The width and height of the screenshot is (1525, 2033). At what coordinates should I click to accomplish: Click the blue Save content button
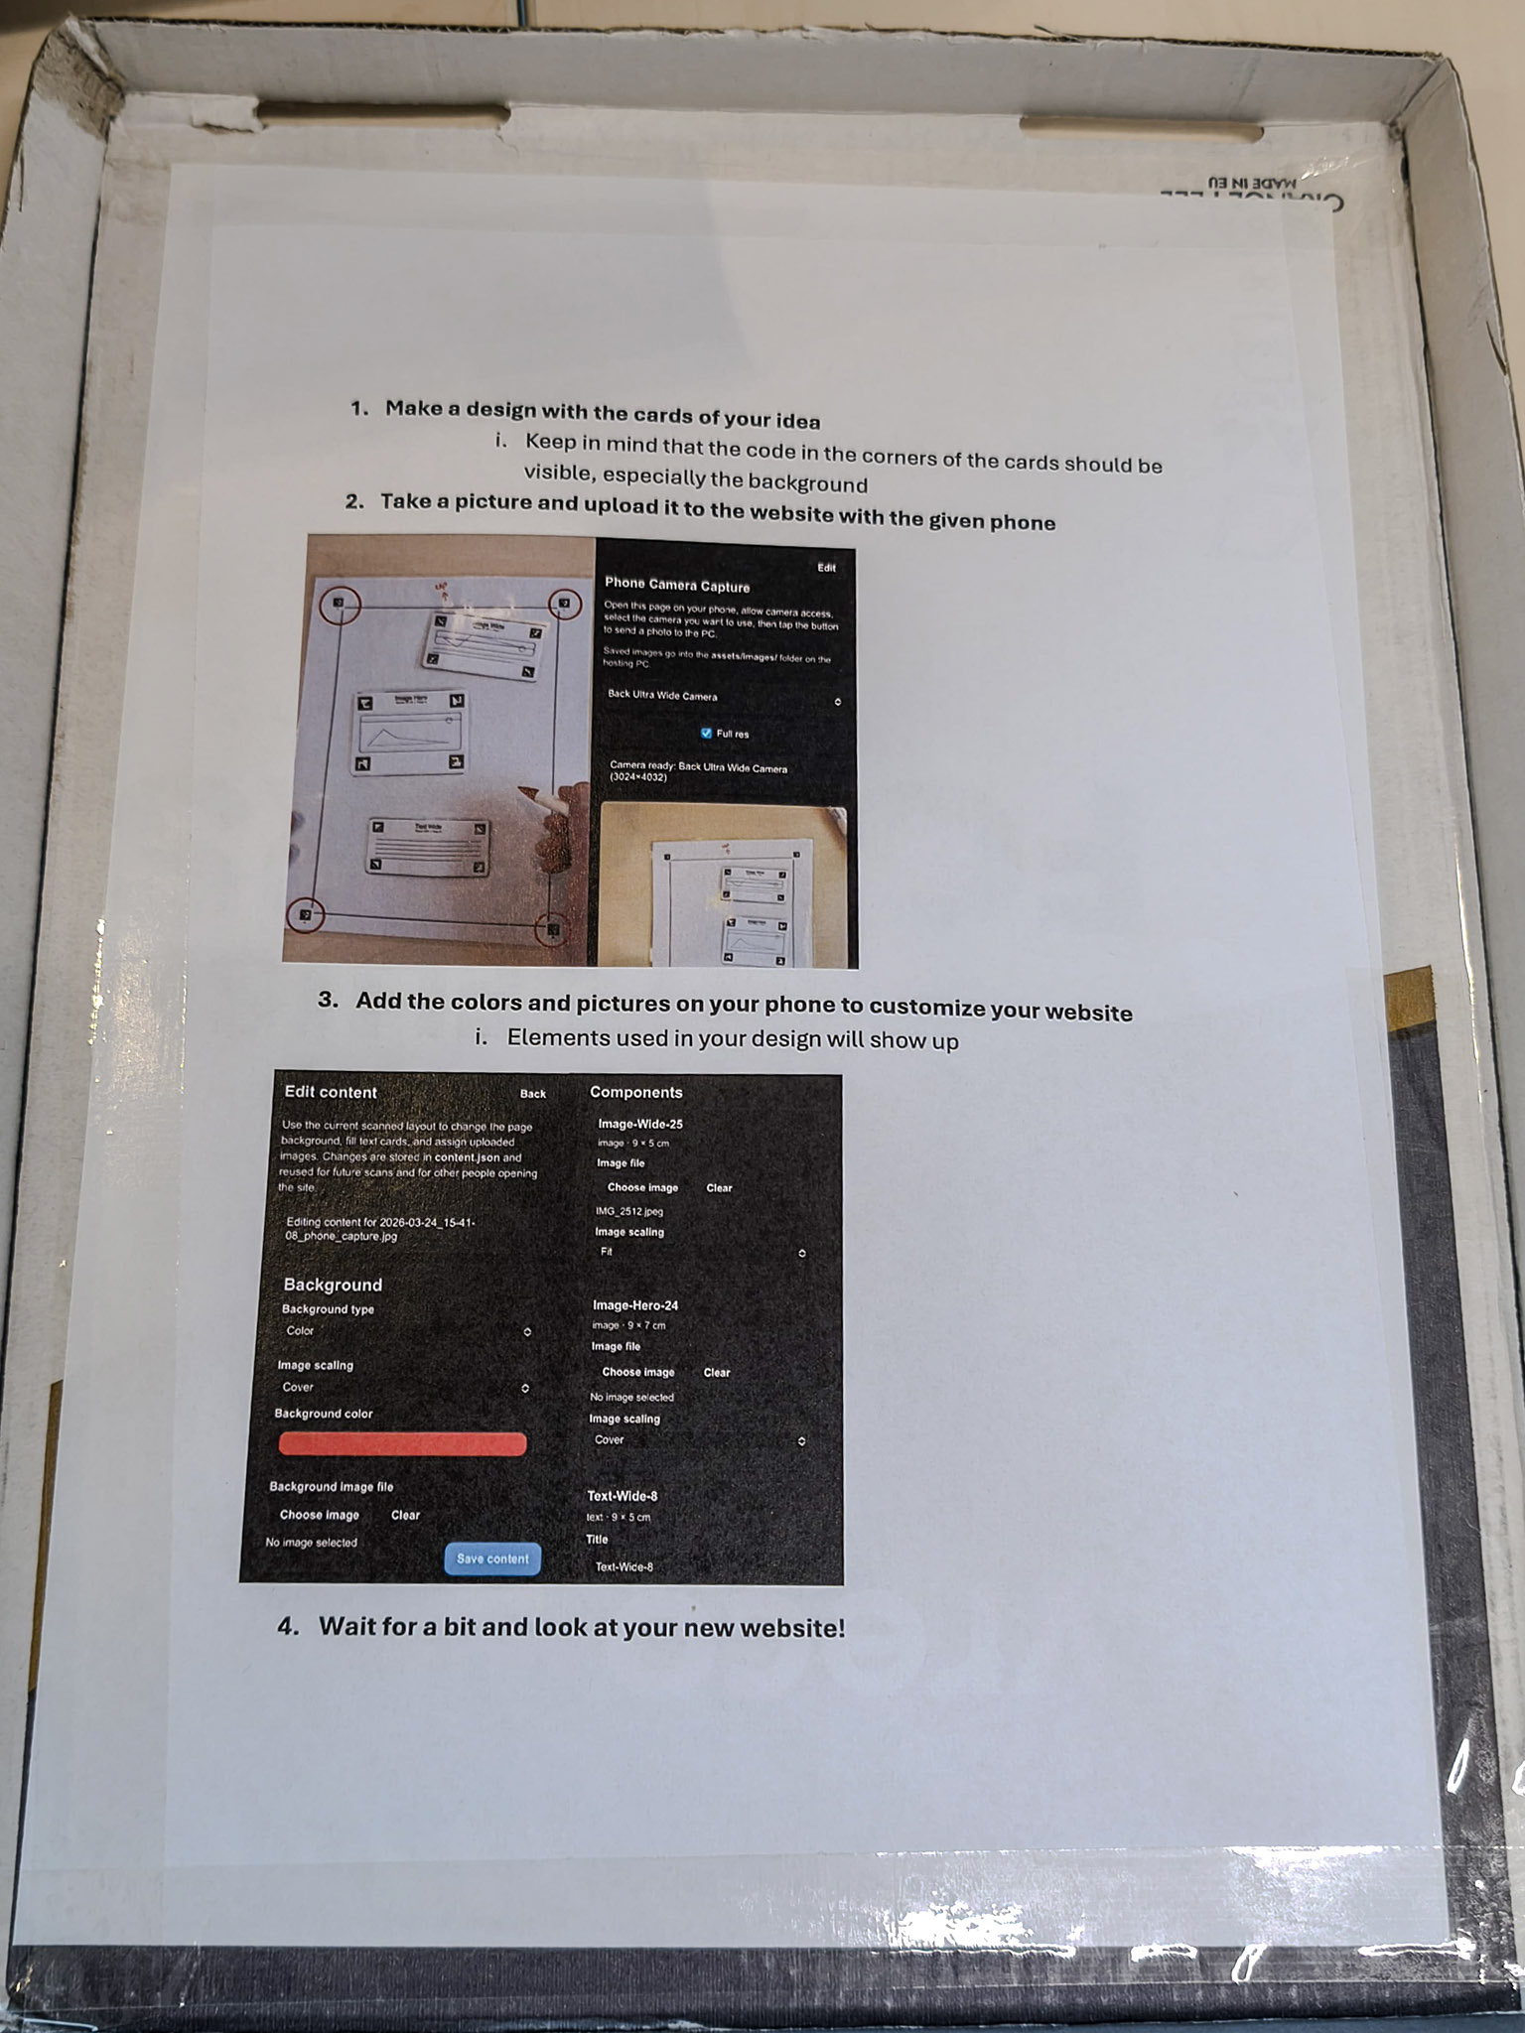click(492, 1559)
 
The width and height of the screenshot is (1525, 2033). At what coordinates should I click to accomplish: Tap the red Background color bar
click(402, 1444)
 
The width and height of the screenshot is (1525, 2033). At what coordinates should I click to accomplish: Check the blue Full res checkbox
click(707, 734)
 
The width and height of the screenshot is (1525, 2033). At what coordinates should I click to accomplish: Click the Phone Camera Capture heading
click(677, 586)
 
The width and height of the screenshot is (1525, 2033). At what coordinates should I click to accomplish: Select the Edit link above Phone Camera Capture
click(826, 568)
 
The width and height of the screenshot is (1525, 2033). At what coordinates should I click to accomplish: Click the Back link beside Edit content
click(533, 1094)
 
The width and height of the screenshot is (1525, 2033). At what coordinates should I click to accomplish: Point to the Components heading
click(636, 1092)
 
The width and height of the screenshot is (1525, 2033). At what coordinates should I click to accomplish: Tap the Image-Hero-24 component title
click(635, 1305)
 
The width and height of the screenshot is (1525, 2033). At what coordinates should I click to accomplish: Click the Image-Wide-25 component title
click(640, 1124)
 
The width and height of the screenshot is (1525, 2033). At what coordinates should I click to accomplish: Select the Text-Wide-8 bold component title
click(623, 1496)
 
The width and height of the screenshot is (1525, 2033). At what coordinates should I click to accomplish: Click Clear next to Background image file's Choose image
click(405, 1515)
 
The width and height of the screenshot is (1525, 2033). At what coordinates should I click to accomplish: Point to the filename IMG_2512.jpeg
click(629, 1211)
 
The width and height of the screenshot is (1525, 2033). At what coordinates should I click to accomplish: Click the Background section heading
click(333, 1285)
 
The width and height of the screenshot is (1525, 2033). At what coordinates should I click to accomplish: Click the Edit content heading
click(331, 1092)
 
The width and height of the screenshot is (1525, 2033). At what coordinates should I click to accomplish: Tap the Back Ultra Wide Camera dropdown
click(724, 698)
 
